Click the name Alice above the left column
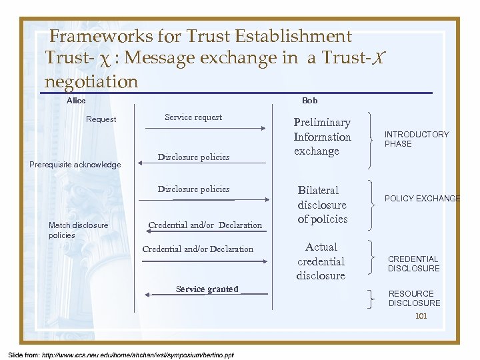(76, 101)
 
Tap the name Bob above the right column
(309, 101)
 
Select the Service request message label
(193, 117)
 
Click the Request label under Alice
(101, 119)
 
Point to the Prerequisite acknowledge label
(75, 165)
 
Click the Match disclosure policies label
(78, 230)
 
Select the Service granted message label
(207, 289)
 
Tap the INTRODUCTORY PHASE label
(417, 139)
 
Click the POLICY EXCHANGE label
(422, 199)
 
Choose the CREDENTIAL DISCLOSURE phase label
(414, 264)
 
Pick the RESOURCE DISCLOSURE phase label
(414, 298)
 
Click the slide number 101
(421, 316)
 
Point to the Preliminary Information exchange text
(323, 137)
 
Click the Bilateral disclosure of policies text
(322, 205)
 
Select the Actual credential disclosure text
(321, 261)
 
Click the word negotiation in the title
(91, 81)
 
